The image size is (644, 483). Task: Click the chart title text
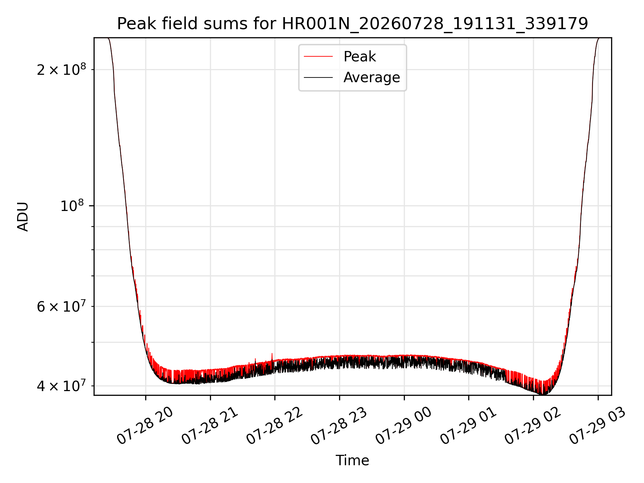coord(353,24)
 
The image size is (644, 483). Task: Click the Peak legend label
coord(360,57)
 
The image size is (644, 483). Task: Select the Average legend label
coord(372,77)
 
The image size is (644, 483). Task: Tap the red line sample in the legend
coord(318,57)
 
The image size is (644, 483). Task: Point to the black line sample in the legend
coord(318,78)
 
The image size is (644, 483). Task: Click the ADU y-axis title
coord(23,217)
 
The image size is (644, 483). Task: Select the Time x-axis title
coord(353,461)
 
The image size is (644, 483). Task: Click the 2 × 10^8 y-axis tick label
coord(61,69)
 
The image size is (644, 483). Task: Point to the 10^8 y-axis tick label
coord(73,206)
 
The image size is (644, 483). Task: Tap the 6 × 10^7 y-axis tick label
coord(61,306)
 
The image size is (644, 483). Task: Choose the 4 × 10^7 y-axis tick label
coord(61,386)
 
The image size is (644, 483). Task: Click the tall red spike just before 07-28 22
coord(272,358)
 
